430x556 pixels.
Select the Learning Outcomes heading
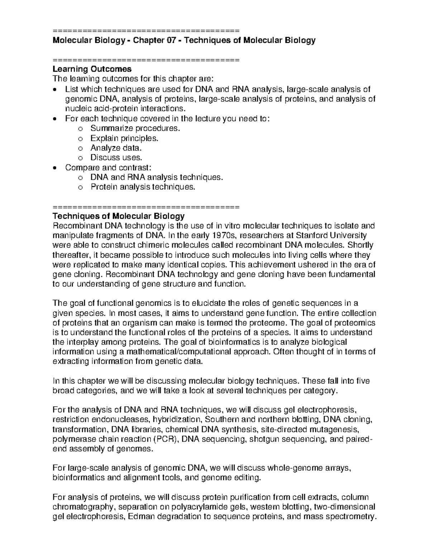92,69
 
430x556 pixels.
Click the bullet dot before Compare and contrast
54,168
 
